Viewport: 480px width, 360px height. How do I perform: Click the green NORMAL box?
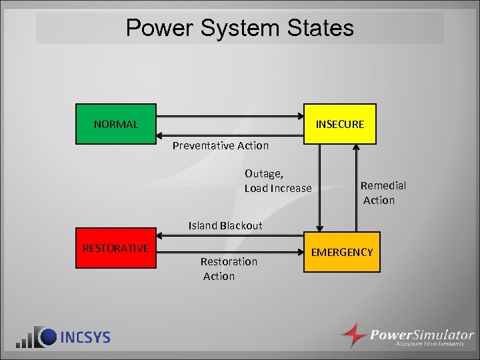point(116,124)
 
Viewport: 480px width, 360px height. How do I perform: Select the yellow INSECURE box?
point(340,124)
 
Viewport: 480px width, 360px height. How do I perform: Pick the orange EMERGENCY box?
point(341,252)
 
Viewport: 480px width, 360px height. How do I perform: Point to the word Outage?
point(263,174)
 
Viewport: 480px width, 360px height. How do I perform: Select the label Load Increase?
point(277,189)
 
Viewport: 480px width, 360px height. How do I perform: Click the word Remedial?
point(383,186)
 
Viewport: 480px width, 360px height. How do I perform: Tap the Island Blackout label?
point(225,225)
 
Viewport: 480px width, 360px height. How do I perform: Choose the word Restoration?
point(229,261)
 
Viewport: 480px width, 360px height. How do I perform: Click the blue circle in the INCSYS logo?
point(46,336)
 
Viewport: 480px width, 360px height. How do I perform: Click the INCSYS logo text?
point(85,337)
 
